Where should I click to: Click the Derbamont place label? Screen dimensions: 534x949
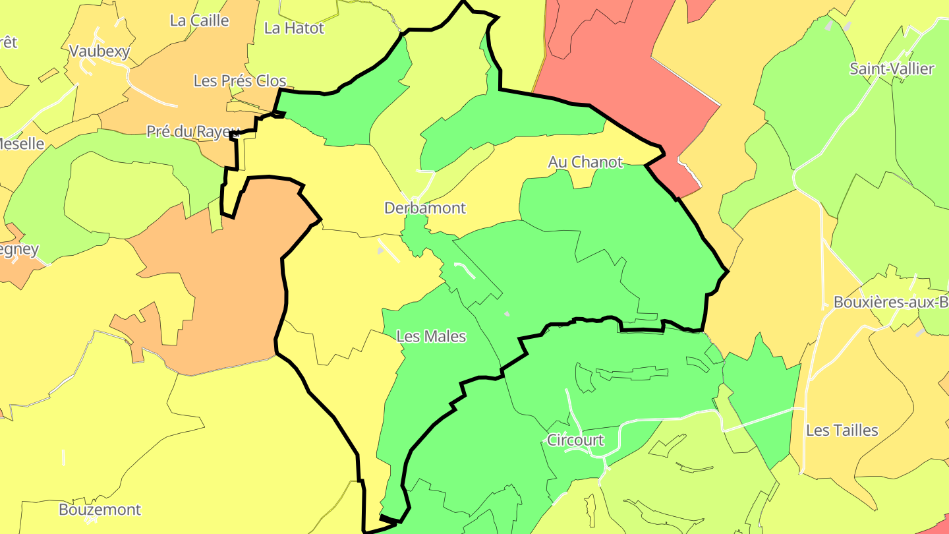(x=425, y=208)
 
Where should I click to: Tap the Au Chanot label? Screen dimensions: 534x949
(x=585, y=162)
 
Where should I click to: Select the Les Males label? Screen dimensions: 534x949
(x=431, y=337)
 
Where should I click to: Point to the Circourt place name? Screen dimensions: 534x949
(x=575, y=440)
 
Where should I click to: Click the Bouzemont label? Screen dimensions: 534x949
(x=100, y=510)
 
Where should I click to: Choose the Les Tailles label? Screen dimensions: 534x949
(x=842, y=430)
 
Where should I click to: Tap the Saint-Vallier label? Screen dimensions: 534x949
(x=892, y=69)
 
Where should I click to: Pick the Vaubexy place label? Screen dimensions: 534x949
(x=100, y=51)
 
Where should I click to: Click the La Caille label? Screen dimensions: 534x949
(x=199, y=20)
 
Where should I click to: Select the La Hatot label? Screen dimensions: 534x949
(x=294, y=28)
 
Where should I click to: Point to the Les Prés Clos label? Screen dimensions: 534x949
(x=240, y=81)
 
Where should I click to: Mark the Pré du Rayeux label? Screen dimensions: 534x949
(x=190, y=132)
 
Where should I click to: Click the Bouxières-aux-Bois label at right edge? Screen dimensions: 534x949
(x=890, y=303)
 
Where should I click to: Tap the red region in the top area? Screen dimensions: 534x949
(x=619, y=59)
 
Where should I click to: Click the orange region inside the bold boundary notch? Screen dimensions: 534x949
(x=217, y=277)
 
